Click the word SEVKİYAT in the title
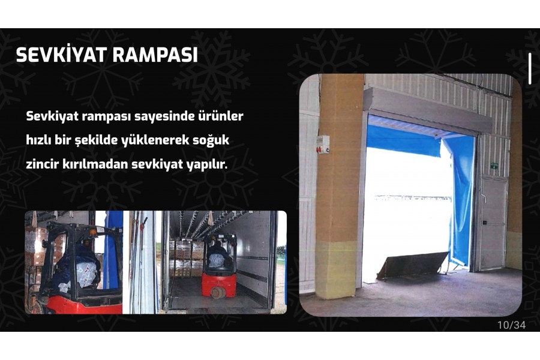[x=61, y=54]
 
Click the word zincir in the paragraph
[x=42, y=164]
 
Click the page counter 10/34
[x=511, y=325]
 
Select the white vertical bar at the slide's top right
[x=530, y=68]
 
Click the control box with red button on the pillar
[x=323, y=145]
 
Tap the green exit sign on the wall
[x=494, y=166]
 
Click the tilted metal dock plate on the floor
[x=412, y=265]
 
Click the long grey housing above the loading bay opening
[x=427, y=110]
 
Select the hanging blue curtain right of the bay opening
[x=458, y=200]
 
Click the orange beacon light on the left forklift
[x=92, y=233]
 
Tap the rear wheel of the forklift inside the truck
[x=218, y=292]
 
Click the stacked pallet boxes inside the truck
[x=187, y=258]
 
